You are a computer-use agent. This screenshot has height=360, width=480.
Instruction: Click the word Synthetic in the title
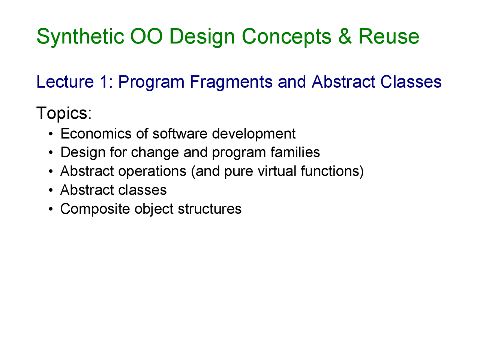80,37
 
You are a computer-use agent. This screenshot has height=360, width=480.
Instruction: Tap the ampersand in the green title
345,36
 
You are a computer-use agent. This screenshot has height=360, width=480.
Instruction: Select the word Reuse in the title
388,36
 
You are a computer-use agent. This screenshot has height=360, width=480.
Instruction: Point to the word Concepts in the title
286,37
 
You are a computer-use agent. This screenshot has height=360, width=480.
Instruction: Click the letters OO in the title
146,36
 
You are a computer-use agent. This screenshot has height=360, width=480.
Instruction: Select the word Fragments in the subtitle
231,82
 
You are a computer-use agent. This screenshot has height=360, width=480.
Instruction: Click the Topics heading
64,113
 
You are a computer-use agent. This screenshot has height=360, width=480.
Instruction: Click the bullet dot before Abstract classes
51,190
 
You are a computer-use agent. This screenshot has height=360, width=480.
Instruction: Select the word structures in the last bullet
210,209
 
